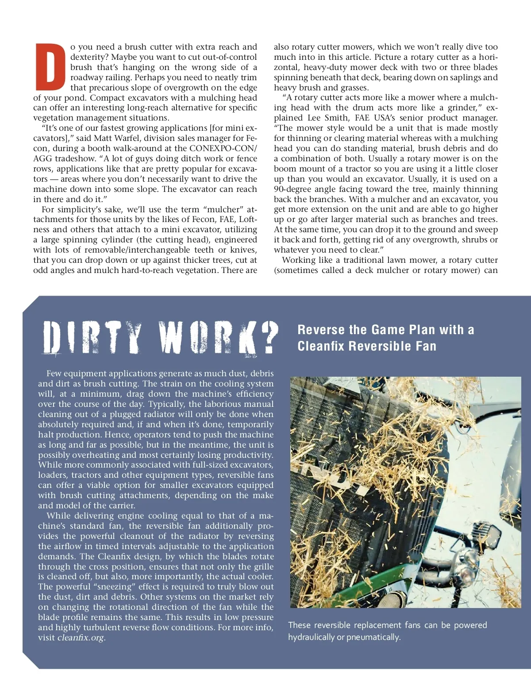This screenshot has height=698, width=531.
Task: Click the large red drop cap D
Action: (x=50, y=67)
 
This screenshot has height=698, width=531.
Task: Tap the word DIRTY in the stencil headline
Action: (x=93, y=338)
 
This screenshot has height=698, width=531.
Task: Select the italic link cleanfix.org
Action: (x=81, y=638)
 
